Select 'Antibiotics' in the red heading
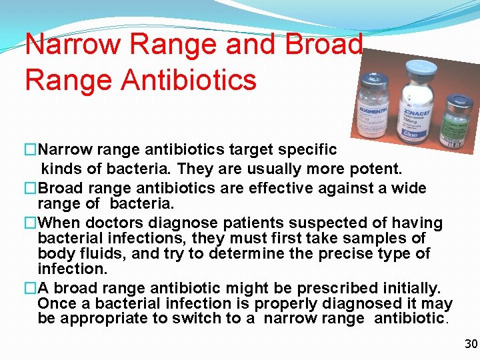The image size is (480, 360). [188, 79]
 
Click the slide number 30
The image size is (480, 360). [471, 344]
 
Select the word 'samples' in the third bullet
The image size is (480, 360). [387, 238]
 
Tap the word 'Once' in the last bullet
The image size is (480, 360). [57, 303]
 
